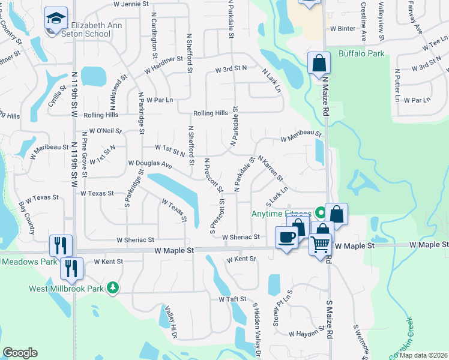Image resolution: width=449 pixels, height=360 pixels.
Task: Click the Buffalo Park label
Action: pyautogui.click(x=361, y=54)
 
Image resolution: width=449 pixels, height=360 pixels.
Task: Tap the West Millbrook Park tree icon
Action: pyautogui.click(x=112, y=289)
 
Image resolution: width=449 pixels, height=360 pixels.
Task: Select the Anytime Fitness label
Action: pyautogui.click(x=281, y=214)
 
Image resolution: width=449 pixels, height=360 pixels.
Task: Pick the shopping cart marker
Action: pyautogui.click(x=321, y=244)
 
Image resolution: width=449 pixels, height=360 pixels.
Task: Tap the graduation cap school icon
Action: pyautogui.click(x=56, y=20)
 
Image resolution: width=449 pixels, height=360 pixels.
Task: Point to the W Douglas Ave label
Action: pyautogui.click(x=150, y=164)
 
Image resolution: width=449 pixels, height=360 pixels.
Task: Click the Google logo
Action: pyautogui.click(x=20, y=353)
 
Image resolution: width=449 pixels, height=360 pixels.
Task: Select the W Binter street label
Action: pyautogui.click(x=343, y=28)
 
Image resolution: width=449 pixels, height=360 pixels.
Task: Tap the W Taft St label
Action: pyautogui.click(x=233, y=298)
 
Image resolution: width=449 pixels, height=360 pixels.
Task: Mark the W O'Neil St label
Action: pyautogui.click(x=105, y=130)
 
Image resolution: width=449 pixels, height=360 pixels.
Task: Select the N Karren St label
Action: pyautogui.click(x=271, y=168)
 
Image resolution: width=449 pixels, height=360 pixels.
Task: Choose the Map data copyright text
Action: pyautogui.click(x=423, y=355)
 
